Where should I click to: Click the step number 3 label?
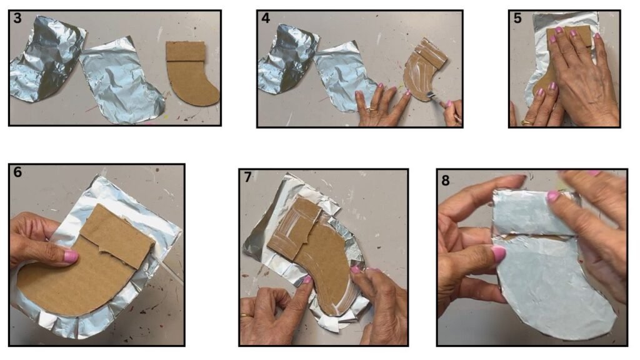[x=17, y=18]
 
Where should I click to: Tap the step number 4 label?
[x=266, y=18]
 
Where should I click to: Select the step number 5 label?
[x=517, y=18]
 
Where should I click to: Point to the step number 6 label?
[x=17, y=172]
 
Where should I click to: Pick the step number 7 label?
[x=247, y=177]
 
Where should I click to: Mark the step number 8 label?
[x=445, y=180]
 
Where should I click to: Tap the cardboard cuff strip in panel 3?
[x=186, y=51]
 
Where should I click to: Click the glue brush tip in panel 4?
[x=429, y=96]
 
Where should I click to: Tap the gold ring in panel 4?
[x=374, y=109]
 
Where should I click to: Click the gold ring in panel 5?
[x=527, y=122]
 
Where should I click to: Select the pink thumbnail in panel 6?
[x=71, y=257]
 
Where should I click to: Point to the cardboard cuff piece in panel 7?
[x=294, y=229]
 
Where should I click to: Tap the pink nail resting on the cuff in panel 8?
[x=553, y=196]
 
